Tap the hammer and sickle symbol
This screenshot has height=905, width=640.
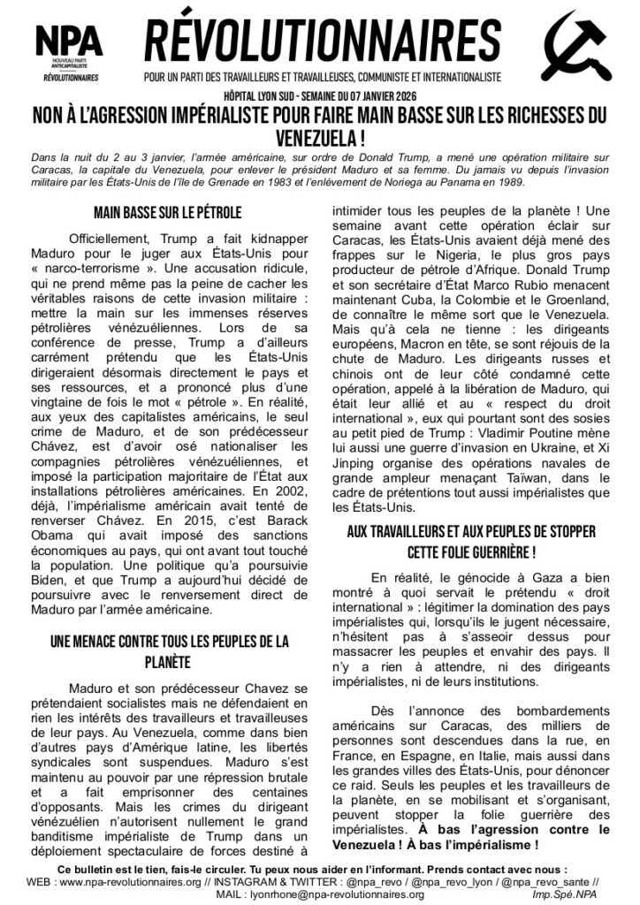(x=576, y=49)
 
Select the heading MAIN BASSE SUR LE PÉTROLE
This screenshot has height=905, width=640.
(x=167, y=213)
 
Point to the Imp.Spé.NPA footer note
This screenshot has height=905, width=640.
(x=583, y=894)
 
